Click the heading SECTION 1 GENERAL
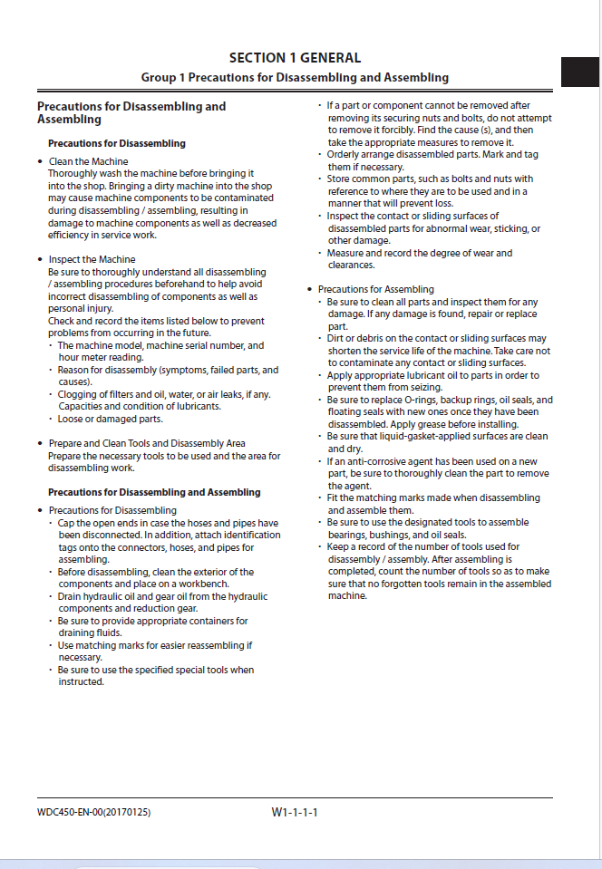click(x=295, y=58)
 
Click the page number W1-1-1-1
click(x=295, y=812)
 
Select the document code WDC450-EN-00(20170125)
click(x=88, y=812)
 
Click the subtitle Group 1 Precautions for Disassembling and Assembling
click(x=295, y=78)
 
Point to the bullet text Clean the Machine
click(x=88, y=161)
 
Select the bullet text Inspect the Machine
click(x=92, y=260)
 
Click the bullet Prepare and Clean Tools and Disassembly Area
click(x=147, y=444)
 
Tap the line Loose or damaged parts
click(x=111, y=420)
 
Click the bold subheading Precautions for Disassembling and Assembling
click(x=154, y=492)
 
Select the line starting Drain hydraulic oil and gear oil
click(x=163, y=597)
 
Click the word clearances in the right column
click(x=352, y=266)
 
